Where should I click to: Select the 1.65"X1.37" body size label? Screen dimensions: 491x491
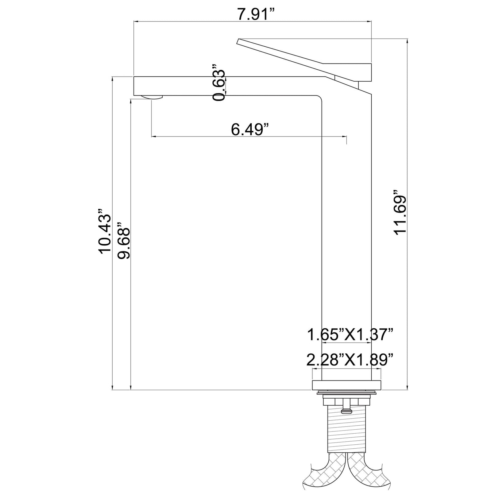click(x=350, y=335)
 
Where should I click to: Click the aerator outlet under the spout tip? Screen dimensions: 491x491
click(x=153, y=97)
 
